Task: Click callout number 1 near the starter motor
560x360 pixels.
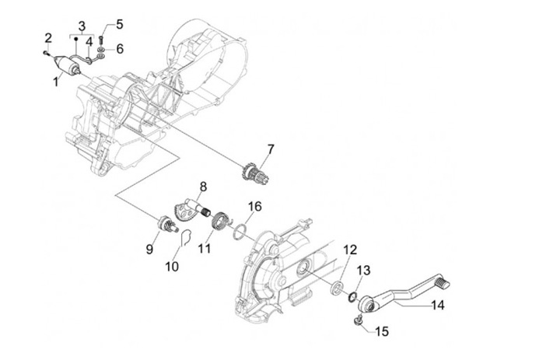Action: pyautogui.click(x=56, y=82)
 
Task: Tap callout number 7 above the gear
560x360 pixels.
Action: pyautogui.click(x=271, y=149)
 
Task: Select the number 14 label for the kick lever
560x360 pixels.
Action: pyautogui.click(x=437, y=306)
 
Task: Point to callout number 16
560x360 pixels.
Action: pyautogui.click(x=255, y=206)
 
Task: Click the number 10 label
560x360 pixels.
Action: pyautogui.click(x=172, y=267)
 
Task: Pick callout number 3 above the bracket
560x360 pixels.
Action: pyautogui.click(x=82, y=26)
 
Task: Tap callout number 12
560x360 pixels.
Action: pyautogui.click(x=350, y=250)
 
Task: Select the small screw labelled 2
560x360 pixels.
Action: pyautogui.click(x=46, y=53)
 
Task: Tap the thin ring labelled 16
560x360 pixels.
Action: pyautogui.click(x=239, y=232)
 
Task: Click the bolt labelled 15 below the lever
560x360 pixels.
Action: pyautogui.click(x=359, y=321)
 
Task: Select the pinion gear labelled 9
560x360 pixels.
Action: pyautogui.click(x=166, y=225)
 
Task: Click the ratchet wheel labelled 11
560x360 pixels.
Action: pyautogui.click(x=219, y=222)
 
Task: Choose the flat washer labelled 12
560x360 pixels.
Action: pyautogui.click(x=337, y=288)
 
